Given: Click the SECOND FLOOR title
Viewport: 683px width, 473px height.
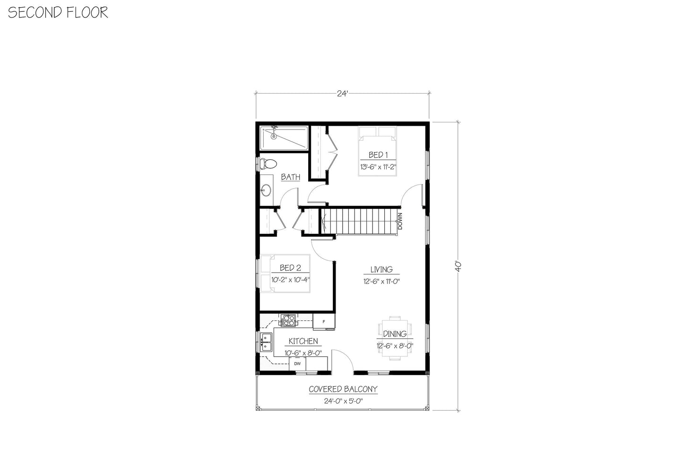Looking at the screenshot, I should click(x=58, y=12).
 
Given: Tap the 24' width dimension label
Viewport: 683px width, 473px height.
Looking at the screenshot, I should click(x=342, y=94).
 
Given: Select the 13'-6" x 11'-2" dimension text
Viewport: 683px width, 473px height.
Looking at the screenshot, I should click(x=377, y=167).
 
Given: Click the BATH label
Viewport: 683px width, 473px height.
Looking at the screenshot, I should click(x=290, y=177).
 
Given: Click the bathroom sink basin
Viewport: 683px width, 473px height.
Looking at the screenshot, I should click(x=266, y=190).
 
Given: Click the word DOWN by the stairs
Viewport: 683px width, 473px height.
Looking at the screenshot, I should click(x=400, y=221).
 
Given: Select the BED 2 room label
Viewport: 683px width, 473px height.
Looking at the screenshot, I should click(x=290, y=268).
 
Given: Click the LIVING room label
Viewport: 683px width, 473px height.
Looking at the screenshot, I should click(x=381, y=269).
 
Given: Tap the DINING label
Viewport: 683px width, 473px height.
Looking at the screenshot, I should click(x=395, y=334).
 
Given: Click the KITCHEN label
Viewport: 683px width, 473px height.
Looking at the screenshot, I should click(x=303, y=341).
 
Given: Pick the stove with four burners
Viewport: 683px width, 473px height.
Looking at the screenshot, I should click(x=288, y=321).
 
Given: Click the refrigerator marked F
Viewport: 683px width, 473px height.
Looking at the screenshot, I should click(x=324, y=322).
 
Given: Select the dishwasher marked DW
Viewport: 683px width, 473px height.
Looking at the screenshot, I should click(x=297, y=364).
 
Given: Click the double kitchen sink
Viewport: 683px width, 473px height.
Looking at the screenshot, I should click(x=267, y=342).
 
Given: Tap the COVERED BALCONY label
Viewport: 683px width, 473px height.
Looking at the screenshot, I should click(x=343, y=389).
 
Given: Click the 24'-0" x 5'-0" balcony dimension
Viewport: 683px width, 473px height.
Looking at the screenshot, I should click(x=343, y=401).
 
